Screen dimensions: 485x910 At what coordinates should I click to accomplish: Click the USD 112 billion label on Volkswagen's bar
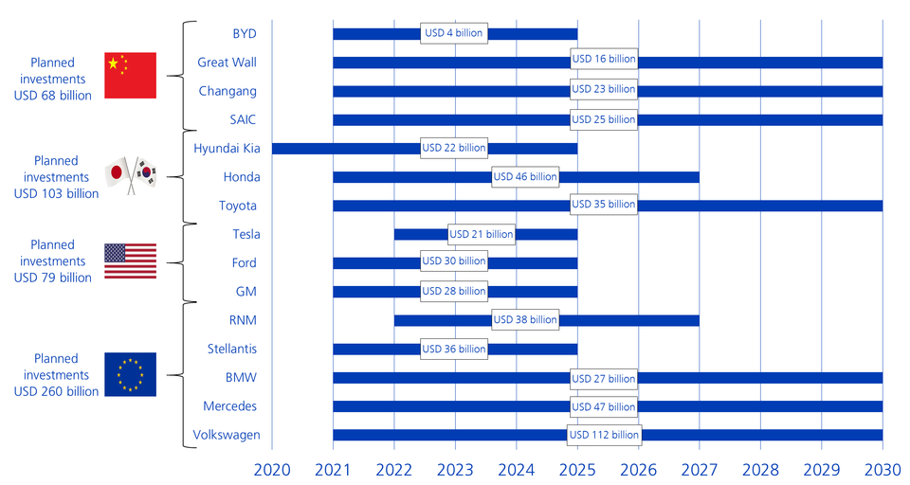[x=604, y=435]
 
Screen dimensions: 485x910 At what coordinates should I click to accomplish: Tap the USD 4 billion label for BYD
[x=454, y=33]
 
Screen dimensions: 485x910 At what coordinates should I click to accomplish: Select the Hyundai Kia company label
[x=226, y=148]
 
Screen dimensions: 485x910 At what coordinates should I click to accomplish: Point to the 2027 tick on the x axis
[x=700, y=470]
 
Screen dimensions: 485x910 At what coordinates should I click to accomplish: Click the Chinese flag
[x=130, y=74]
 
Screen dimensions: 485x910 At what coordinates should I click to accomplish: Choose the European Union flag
[x=130, y=374]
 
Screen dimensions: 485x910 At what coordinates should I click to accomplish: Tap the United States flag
[x=130, y=260]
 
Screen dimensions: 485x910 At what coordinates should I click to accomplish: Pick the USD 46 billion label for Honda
[x=524, y=177]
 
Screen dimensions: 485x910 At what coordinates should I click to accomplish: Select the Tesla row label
[x=246, y=234]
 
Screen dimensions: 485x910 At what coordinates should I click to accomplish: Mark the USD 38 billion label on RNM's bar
[x=524, y=320]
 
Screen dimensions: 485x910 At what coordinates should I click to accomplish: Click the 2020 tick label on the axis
[x=272, y=470]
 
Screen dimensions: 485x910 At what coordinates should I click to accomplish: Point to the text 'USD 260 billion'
[x=56, y=391]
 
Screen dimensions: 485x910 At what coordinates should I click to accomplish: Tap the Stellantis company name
[x=232, y=349]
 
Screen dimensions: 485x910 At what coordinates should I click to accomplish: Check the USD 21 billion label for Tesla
[x=482, y=234]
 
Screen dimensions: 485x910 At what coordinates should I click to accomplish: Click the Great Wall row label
[x=227, y=63]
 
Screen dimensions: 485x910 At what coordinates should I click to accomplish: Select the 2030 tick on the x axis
[x=883, y=470]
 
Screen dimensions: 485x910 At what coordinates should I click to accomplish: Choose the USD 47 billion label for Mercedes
[x=604, y=406]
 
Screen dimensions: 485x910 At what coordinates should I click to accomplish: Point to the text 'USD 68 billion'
[x=53, y=96]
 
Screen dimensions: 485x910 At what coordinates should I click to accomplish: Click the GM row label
[x=246, y=291]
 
